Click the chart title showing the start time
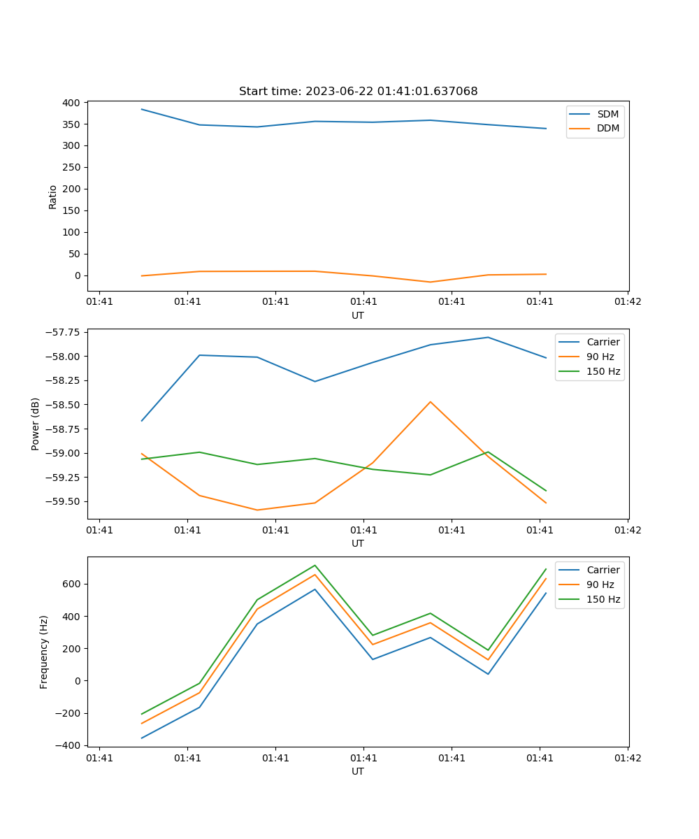(358, 92)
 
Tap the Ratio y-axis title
(53, 196)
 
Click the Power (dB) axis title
(36, 424)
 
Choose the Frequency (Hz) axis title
(44, 652)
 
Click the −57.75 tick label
(63, 332)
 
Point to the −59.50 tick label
(63, 501)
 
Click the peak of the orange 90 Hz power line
(430, 402)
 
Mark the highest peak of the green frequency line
(315, 565)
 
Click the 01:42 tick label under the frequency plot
(627, 758)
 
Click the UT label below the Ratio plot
(358, 315)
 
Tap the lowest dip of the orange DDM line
(430, 282)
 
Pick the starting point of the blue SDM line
(142, 109)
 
